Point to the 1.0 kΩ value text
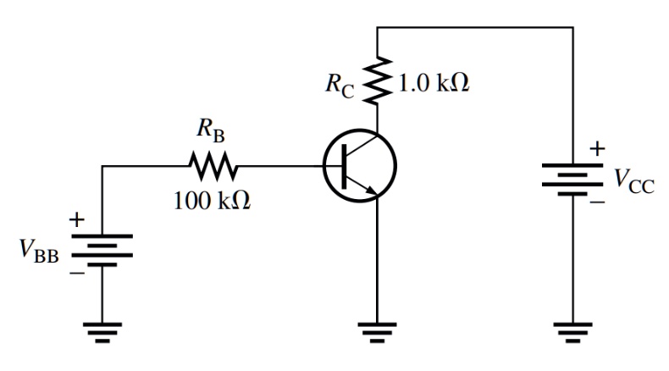click(433, 85)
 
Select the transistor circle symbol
click(360, 166)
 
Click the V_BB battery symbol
click(102, 249)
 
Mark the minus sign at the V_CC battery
click(598, 204)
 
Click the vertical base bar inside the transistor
click(346, 166)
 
